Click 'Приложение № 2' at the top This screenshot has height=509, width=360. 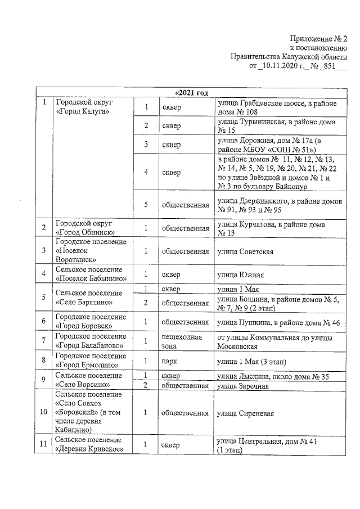click(318, 39)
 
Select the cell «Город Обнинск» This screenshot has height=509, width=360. click(85, 228)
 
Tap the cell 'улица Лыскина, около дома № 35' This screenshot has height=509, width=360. click(274, 376)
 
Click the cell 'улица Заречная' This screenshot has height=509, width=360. click(242, 386)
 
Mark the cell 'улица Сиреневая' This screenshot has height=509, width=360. click(245, 413)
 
